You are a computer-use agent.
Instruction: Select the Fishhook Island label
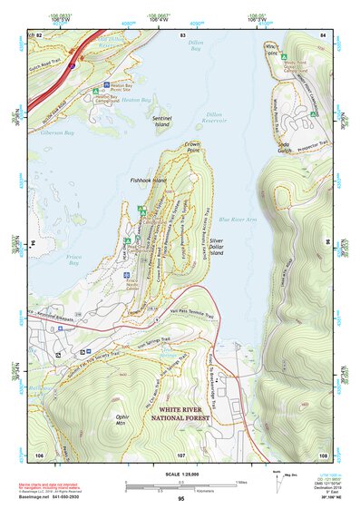tap(148, 180)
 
